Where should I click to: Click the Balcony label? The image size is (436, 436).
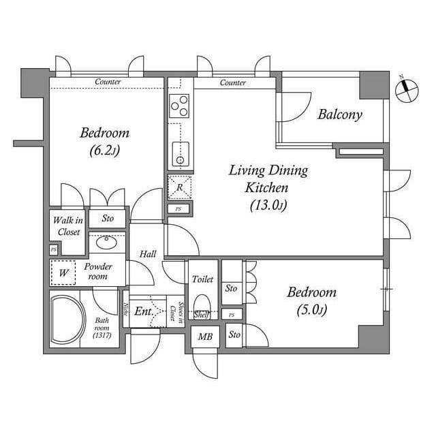coord(340,114)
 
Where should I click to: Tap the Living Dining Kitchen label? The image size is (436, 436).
coord(268,187)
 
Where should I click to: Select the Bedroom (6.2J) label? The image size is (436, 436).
coord(104,141)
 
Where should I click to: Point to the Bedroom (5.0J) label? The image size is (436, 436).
coord(311,300)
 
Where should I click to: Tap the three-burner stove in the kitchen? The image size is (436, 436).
coord(180,106)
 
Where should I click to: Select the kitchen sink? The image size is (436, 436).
coord(181,155)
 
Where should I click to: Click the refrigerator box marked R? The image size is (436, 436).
coord(180,187)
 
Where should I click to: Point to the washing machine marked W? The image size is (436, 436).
coord(64,272)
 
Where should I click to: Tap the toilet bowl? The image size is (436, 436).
coord(202,304)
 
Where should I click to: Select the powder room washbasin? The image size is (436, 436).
coord(106,242)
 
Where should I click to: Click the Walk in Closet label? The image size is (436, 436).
coord(68,226)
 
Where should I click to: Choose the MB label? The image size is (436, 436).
coord(204,336)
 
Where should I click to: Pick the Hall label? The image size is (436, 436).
coord(148,254)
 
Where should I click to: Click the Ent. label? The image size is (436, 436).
coord(142,311)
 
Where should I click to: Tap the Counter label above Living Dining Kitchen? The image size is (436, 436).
coord(233,82)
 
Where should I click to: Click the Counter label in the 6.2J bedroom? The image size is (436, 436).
coord(108,82)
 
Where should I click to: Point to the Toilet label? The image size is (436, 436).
coord(203,279)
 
